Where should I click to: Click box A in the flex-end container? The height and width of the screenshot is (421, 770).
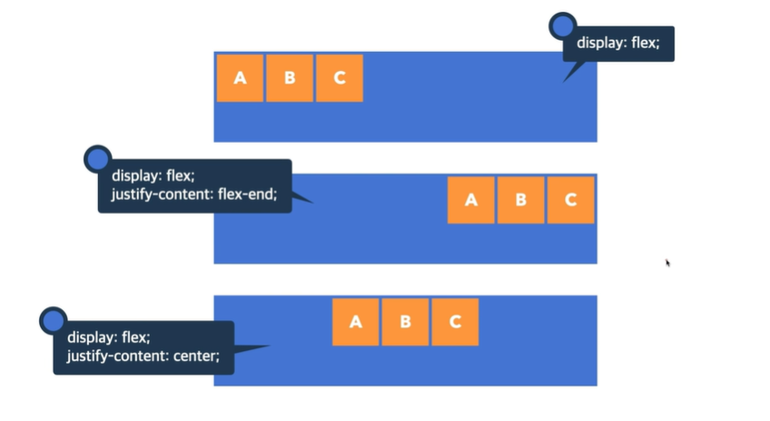471,200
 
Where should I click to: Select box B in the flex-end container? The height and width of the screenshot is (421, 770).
521,200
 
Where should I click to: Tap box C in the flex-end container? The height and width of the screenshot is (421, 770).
570,200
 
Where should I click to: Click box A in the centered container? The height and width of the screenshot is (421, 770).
356,322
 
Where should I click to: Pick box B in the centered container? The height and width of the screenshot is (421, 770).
406,322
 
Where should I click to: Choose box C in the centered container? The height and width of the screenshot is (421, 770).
455,322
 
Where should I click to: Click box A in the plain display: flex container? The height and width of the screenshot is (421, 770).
240,78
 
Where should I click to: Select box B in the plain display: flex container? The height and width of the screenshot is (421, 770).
290,78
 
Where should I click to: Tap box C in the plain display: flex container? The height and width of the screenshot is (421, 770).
340,78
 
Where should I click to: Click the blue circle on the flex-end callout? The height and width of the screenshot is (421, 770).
97,159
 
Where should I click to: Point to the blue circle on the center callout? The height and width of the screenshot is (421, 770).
53,320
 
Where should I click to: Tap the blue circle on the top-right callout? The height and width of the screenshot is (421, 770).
563,25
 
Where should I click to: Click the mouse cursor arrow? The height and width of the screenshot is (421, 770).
668,263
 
